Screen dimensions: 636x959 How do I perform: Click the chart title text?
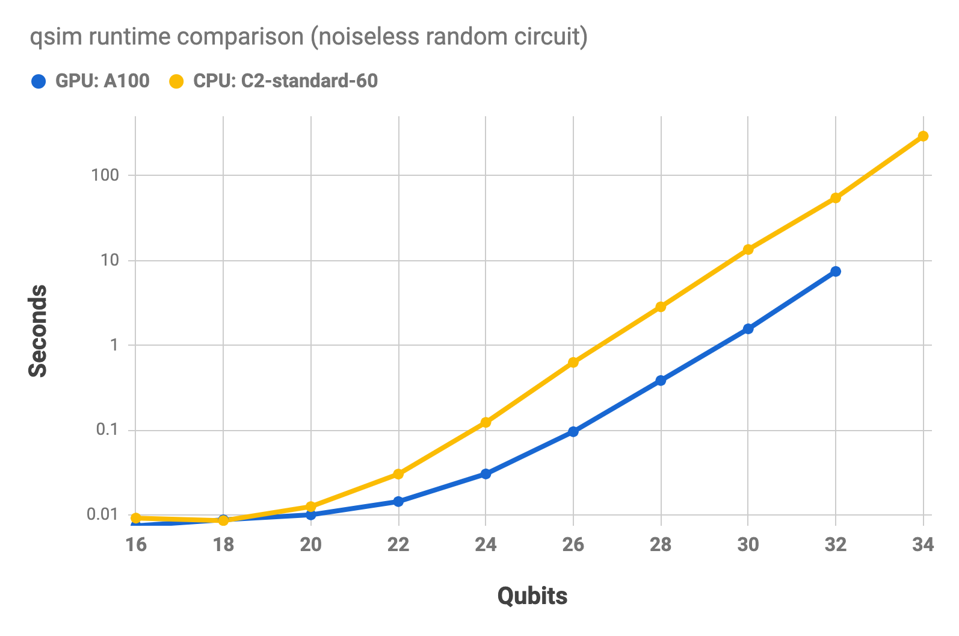[x=309, y=37]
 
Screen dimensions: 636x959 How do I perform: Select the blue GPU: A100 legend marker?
[x=39, y=81]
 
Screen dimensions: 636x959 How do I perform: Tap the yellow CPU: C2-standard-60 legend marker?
[x=176, y=81]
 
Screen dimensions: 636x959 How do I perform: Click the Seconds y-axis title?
[x=38, y=331]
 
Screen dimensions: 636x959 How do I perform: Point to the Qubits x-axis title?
[x=532, y=596]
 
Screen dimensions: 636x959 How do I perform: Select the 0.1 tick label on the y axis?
[x=108, y=429]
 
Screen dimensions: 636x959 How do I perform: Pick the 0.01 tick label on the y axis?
[x=103, y=514]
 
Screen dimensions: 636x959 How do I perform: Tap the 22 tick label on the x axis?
[x=398, y=545]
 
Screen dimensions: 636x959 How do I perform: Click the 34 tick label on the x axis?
[x=923, y=545]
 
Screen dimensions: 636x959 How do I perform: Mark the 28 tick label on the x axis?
[x=661, y=545]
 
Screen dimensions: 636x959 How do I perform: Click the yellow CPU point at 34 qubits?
[x=923, y=136]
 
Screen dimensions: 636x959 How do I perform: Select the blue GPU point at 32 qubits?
[x=836, y=272]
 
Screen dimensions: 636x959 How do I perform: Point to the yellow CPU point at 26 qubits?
[x=573, y=363]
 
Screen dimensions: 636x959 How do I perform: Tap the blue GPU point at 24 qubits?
[x=486, y=474]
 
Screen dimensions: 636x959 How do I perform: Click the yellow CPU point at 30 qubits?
[x=748, y=249]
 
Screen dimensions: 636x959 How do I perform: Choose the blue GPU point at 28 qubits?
[x=661, y=381]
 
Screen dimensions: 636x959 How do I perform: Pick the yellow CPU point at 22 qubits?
[x=398, y=474]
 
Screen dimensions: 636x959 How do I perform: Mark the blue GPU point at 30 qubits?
[x=748, y=329]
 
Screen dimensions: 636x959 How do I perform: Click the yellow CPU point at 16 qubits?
[x=136, y=518]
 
